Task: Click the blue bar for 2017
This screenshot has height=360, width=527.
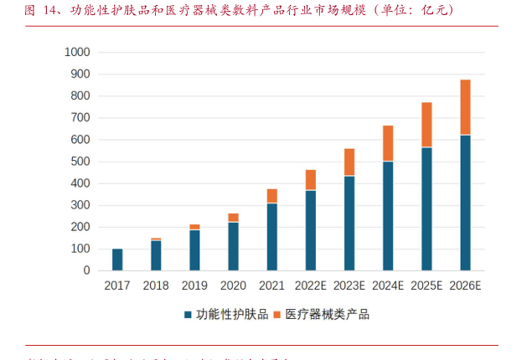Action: (x=117, y=260)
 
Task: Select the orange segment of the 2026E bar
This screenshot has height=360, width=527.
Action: (x=465, y=107)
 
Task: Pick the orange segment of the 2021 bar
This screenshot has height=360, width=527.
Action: (x=272, y=196)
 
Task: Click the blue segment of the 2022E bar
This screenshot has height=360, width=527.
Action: (x=311, y=230)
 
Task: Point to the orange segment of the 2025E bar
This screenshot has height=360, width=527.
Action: (x=426, y=125)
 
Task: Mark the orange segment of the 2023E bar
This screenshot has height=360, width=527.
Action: (x=349, y=162)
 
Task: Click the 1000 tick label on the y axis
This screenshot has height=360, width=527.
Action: (x=75, y=52)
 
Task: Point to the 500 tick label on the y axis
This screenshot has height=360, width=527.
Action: (x=79, y=162)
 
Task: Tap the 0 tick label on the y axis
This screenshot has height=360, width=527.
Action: (x=85, y=270)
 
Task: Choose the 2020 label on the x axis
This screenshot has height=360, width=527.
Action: (x=233, y=285)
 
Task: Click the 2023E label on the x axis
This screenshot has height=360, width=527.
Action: (x=349, y=285)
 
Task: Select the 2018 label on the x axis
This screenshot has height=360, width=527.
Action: (x=156, y=285)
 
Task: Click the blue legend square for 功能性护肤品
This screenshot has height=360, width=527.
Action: (x=188, y=315)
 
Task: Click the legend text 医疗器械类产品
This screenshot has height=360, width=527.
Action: (x=327, y=315)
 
